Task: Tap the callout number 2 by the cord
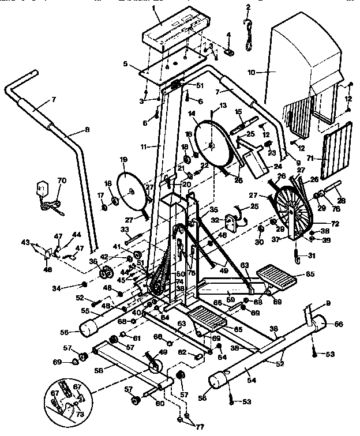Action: pos(248,7)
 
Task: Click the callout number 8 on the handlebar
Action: pos(87,130)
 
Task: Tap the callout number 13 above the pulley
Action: pos(223,106)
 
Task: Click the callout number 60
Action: pos(159,403)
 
